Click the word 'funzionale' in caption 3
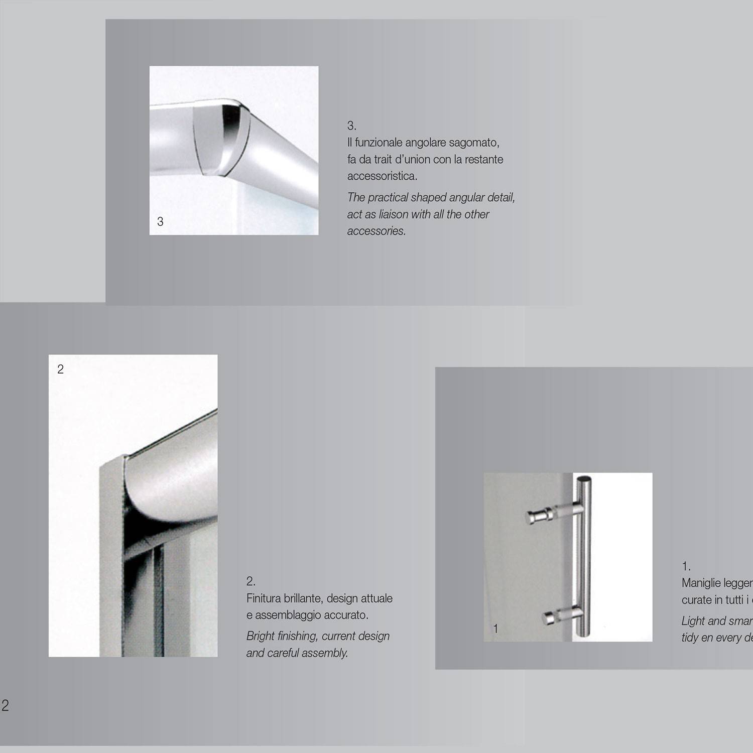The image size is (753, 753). point(378,143)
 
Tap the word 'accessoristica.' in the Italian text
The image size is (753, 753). point(382,176)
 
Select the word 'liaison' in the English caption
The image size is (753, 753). point(393,214)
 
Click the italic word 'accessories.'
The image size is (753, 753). point(376,231)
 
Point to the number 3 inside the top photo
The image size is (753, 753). point(160,221)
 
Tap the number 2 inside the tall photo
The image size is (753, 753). point(60,369)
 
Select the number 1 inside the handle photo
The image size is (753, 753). point(495,629)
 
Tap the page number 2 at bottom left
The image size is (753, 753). point(5,705)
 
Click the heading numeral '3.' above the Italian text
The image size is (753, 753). point(351,125)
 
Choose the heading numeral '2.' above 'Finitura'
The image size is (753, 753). point(250,581)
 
